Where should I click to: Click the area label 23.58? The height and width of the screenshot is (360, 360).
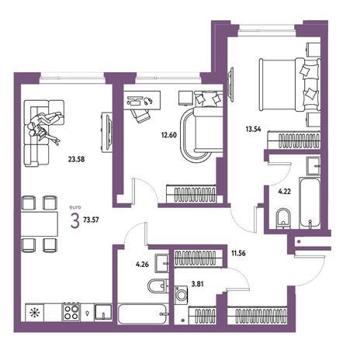[x=76, y=159]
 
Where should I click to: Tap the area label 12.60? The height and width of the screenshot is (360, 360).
[x=169, y=135]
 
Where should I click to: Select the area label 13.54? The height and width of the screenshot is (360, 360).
[x=254, y=129]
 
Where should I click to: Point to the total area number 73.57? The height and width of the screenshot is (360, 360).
[x=91, y=220]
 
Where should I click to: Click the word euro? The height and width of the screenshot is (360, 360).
[x=75, y=207]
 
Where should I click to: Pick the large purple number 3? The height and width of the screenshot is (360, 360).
[x=74, y=221]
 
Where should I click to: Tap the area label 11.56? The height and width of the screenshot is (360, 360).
[x=238, y=253]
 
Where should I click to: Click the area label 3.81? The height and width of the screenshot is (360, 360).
[x=197, y=284]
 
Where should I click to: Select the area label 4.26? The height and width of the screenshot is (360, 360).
[x=142, y=264]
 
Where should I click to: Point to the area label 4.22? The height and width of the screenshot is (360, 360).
[x=284, y=192]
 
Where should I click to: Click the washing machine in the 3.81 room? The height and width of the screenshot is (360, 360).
[x=182, y=295]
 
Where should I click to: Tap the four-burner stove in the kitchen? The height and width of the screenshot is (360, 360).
[x=71, y=312]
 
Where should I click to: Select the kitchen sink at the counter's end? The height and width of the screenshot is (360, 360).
[x=103, y=313]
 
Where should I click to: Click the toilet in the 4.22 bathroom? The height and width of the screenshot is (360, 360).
[x=283, y=219]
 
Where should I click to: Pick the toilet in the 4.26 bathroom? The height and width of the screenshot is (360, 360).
[x=158, y=286]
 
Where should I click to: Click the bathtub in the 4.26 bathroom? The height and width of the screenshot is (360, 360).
[x=143, y=313]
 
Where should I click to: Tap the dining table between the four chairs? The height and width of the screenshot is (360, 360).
[x=40, y=223]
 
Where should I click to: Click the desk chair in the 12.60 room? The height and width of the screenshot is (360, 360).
[x=140, y=115]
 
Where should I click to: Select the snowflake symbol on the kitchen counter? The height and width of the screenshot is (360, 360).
[x=34, y=313]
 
